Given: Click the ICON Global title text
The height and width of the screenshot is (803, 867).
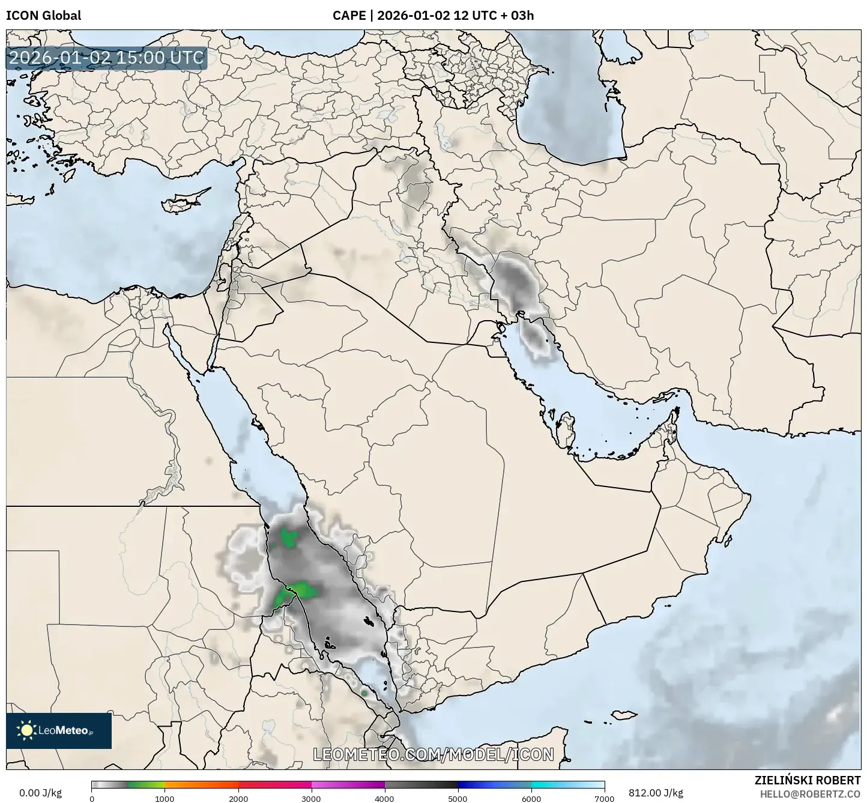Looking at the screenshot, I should (x=43, y=16).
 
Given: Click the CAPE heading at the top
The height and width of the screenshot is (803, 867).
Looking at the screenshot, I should (x=433, y=16).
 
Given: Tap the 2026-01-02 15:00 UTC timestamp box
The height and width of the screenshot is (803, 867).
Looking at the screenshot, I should (x=106, y=58).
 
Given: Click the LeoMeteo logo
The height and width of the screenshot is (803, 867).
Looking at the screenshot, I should (x=58, y=730).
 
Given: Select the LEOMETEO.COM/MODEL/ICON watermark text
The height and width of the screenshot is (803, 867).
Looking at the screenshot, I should (x=433, y=754).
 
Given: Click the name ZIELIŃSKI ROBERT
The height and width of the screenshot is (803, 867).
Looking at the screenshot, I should (x=807, y=780).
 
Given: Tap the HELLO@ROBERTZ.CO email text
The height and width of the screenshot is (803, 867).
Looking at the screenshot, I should (x=810, y=793).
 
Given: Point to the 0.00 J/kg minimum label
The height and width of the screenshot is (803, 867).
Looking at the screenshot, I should (x=40, y=793).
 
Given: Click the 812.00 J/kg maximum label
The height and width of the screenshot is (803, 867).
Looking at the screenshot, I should (x=656, y=793).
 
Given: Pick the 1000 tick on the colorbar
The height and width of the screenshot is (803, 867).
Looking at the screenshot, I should (x=165, y=798).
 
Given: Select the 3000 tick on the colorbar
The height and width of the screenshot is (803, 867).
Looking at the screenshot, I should (x=311, y=798).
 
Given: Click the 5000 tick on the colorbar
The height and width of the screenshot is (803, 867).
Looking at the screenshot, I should (x=458, y=798).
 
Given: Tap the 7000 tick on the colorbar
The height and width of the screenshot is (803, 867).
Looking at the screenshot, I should (x=603, y=798).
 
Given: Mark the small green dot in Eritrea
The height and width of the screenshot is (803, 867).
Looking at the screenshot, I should (x=364, y=694).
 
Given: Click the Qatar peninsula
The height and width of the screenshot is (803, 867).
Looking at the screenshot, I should (x=565, y=425).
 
